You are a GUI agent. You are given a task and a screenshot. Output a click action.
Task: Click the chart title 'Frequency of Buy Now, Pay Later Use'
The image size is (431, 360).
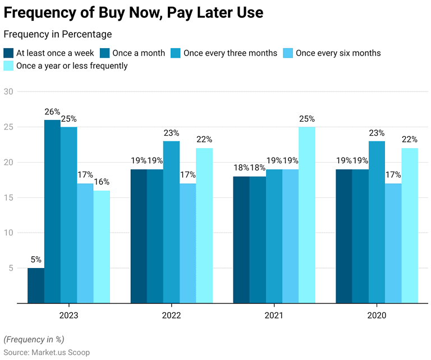click(134, 12)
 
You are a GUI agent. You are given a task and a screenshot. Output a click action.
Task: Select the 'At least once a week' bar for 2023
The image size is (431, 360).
click(36, 285)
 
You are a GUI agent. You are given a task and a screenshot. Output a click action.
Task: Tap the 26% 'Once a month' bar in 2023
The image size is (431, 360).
click(52, 211)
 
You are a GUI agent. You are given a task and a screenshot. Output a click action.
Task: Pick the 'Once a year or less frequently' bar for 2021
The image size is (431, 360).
click(307, 215)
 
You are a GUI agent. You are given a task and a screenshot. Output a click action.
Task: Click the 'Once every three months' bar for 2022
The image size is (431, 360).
click(171, 222)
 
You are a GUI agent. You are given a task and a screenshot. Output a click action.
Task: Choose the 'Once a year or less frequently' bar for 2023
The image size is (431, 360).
click(102, 247)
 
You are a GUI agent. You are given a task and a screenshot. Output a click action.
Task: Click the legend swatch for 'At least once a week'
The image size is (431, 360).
click(8, 53)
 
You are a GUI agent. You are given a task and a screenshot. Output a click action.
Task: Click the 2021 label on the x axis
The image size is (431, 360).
click(274, 316)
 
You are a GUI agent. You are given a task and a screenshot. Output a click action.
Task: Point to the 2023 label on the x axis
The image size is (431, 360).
click(68, 316)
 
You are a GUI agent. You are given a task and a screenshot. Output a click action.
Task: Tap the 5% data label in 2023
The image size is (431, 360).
click(36, 260)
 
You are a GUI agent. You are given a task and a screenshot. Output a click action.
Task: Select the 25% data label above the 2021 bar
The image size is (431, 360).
click(307, 119)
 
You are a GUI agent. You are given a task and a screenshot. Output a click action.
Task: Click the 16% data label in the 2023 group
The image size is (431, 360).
click(102, 182)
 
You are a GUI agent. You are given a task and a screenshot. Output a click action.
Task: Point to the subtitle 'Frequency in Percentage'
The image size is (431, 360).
click(57, 35)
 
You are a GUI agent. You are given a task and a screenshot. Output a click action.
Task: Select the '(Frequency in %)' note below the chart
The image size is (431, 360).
click(34, 339)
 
